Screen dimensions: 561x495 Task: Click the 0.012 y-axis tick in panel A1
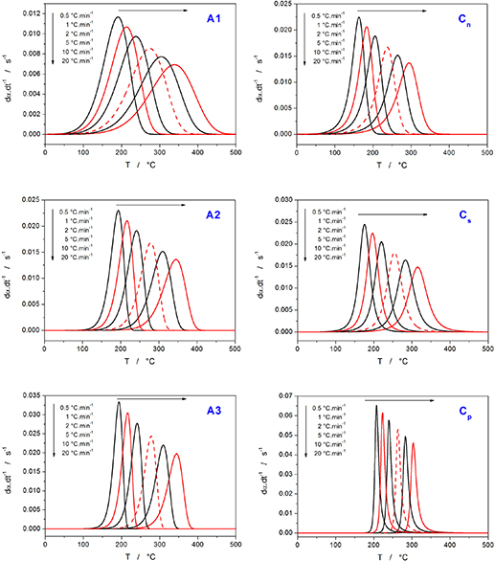click(29, 12)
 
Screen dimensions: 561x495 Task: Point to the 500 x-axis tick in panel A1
click(236, 150)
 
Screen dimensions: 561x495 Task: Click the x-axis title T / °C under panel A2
click(138, 357)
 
